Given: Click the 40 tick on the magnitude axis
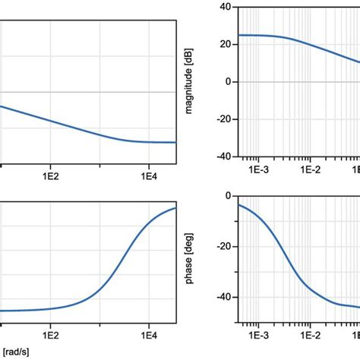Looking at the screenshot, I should [x=226, y=7].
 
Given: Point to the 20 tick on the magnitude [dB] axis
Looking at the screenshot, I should [x=226, y=44].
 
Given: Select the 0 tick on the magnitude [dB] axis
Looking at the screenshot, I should [x=229, y=82].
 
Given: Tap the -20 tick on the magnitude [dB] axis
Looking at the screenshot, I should [x=223, y=119].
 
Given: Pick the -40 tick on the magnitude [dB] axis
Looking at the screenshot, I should [x=223, y=157].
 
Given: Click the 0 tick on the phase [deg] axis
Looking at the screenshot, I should [x=229, y=196].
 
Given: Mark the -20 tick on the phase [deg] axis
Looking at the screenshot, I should [x=223, y=247].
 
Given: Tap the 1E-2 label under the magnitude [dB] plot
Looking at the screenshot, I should [x=310, y=171].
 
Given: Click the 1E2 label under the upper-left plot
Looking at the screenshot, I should [x=51, y=171].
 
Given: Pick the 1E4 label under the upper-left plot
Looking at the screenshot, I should [x=149, y=171].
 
